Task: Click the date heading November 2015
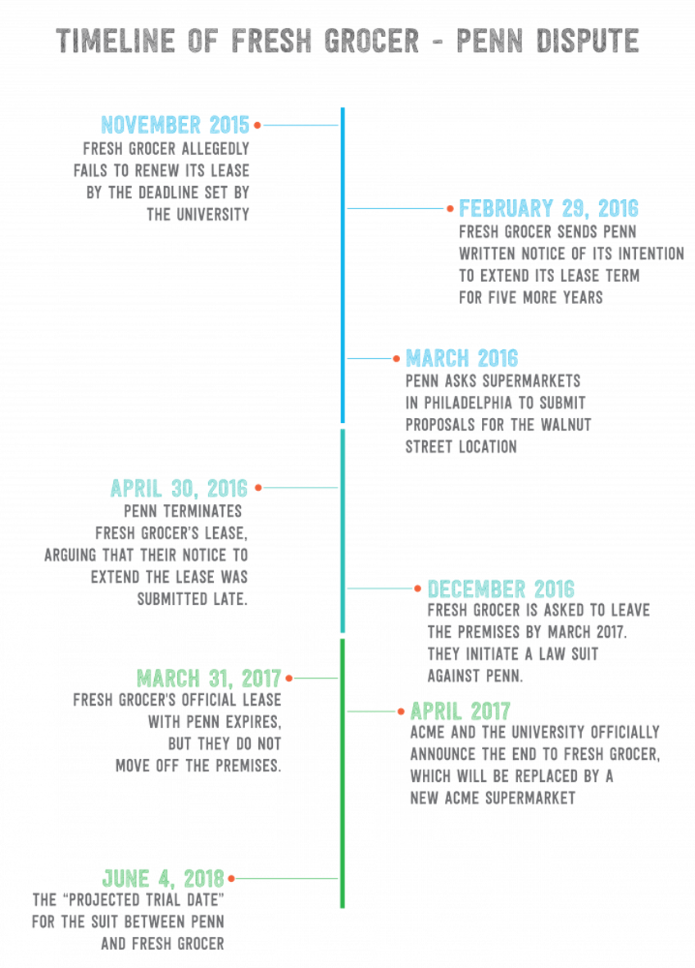[175, 125]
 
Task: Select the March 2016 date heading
[461, 358]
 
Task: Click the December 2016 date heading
[501, 589]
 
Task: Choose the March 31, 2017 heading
[209, 679]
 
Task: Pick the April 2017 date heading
[460, 711]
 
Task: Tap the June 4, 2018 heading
[163, 878]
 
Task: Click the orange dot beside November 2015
[257, 125]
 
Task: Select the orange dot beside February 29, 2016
[450, 209]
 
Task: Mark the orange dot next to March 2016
[397, 359]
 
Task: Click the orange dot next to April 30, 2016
[257, 488]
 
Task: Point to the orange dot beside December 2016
[418, 589]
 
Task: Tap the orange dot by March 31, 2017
[288, 679]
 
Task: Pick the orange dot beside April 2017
[401, 711]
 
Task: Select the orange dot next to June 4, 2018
[232, 878]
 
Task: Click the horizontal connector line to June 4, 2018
[287, 878]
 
